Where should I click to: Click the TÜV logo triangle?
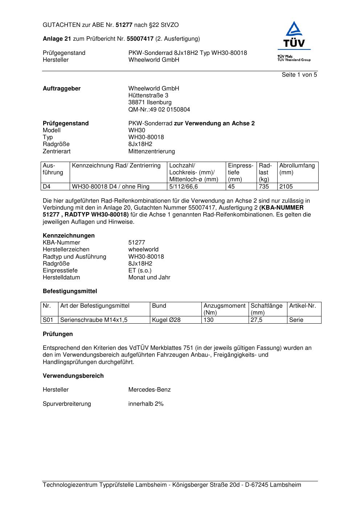tap(294, 29)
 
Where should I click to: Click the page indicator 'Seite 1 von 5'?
tap(299, 75)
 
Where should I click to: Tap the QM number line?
tap(159, 109)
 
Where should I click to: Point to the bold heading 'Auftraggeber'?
tap(62, 89)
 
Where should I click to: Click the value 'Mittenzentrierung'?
tap(151, 151)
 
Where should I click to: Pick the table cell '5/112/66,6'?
tap(184, 187)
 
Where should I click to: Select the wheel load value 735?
tap(264, 187)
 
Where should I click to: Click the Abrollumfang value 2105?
tap(286, 187)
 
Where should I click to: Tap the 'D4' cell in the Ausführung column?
tap(47, 187)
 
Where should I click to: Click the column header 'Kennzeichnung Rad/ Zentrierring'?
tap(116, 166)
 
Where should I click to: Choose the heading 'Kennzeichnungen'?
tap(69, 235)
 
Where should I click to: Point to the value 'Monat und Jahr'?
tap(149, 278)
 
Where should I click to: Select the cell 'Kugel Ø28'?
tap(166, 320)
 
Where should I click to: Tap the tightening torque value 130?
tap(209, 320)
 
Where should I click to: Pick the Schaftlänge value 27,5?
tap(257, 320)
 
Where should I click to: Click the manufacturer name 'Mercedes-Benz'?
tap(149, 390)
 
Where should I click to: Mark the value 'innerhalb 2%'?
tap(146, 404)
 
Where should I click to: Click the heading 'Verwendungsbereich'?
tap(73, 376)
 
